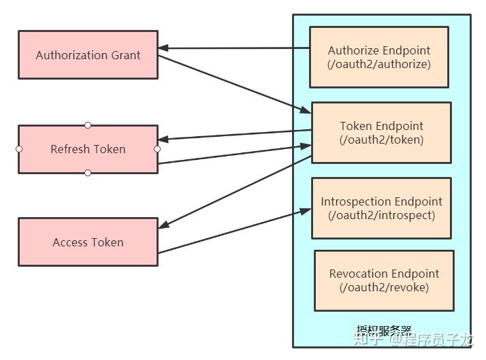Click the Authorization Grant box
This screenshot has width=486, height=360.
(88, 54)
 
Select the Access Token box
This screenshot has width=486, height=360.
(88, 242)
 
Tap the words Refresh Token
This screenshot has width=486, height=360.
(88, 149)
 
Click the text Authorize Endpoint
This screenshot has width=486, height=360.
(378, 50)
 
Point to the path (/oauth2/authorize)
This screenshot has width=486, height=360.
(378, 65)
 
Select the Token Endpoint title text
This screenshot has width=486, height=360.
(381, 126)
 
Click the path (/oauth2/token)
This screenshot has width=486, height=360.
(381, 140)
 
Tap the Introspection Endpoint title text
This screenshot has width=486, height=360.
(381, 201)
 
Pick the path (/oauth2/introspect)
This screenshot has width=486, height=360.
(381, 216)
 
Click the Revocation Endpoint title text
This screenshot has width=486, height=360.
(384, 274)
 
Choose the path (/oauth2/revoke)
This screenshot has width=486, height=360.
(384, 288)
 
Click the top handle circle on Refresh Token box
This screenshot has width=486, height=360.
(88, 125)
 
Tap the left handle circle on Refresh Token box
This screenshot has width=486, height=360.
(19, 149)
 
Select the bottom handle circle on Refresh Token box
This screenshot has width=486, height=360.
(88, 173)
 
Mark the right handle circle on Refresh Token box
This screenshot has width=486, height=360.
(157, 149)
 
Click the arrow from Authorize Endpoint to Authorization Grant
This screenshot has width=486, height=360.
(235, 48)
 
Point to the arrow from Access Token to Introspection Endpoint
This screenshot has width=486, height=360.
(235, 231)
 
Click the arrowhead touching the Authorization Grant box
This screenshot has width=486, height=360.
(163, 48)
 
